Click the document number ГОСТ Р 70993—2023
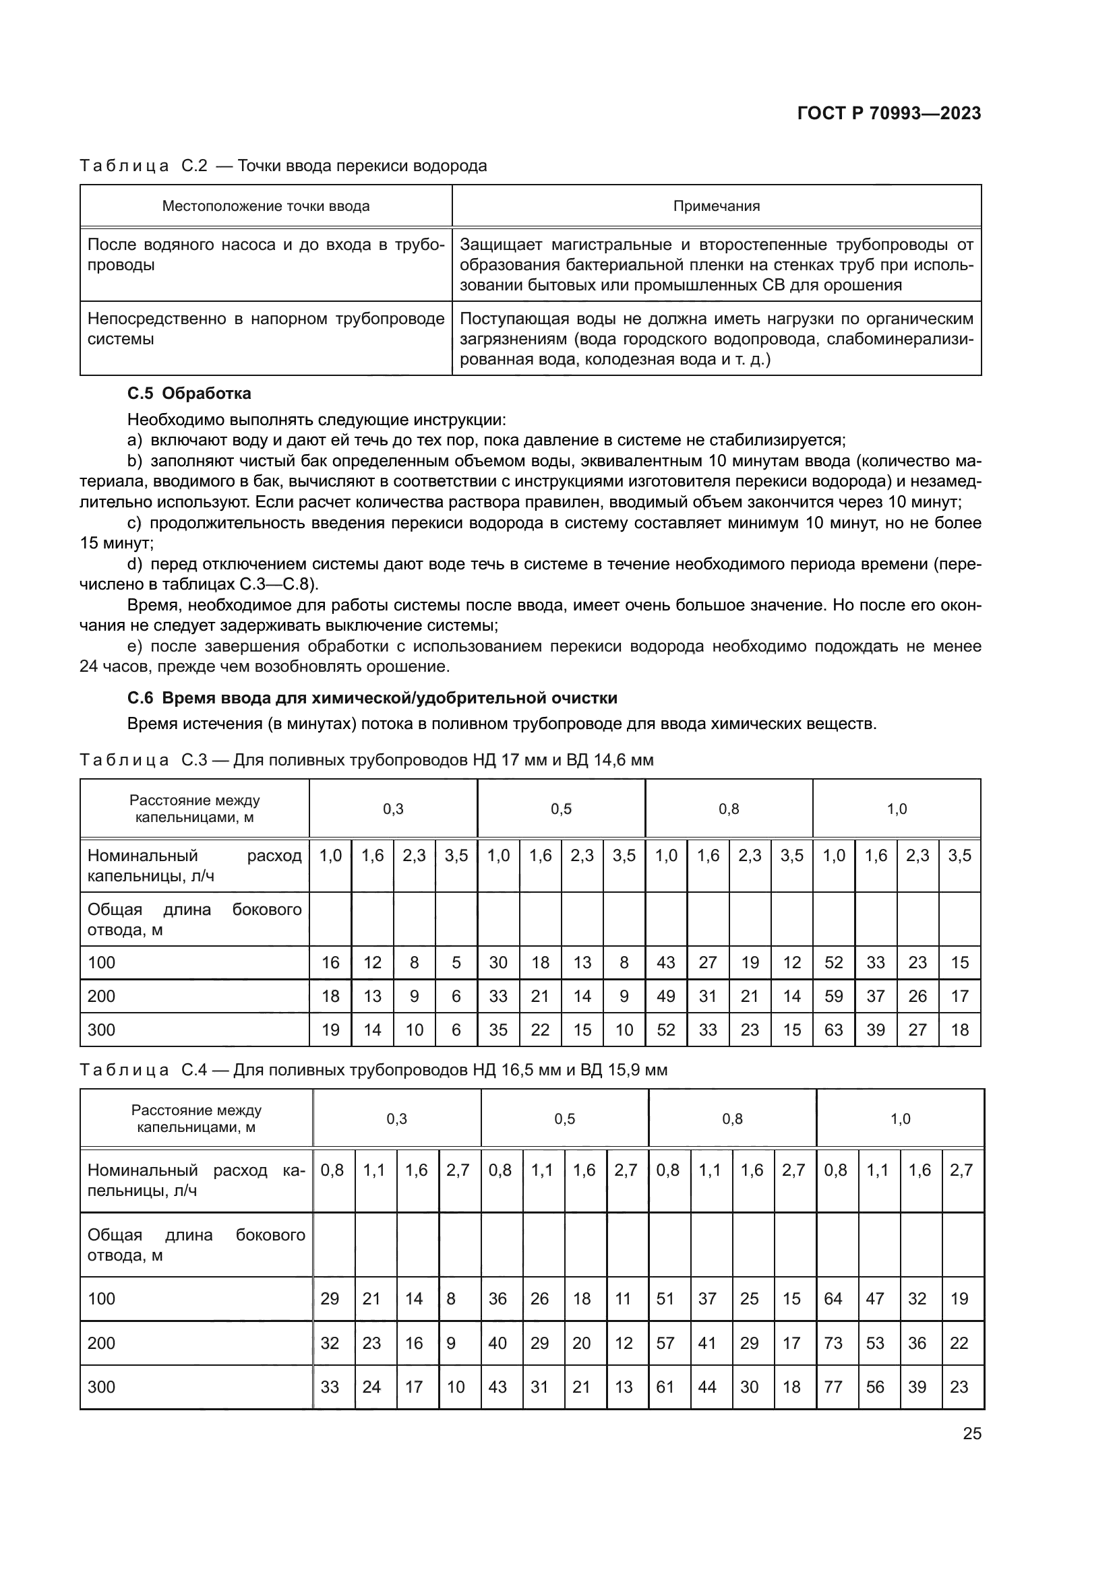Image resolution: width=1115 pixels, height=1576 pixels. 889,113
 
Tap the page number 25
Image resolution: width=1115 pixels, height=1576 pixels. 972,1433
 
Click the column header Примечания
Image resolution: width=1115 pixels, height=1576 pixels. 716,206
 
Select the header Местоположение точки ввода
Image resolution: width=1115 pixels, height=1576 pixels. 266,206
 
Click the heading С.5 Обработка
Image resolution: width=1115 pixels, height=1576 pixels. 189,393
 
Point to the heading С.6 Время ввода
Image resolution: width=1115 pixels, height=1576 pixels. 372,698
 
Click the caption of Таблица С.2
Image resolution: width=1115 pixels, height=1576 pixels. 283,166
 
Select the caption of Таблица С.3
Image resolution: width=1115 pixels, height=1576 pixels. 367,760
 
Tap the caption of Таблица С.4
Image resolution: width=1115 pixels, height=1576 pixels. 373,1069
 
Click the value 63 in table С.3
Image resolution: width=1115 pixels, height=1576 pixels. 833,1030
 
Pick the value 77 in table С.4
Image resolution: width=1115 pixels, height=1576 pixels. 833,1387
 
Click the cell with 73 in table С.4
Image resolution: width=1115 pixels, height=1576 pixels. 833,1343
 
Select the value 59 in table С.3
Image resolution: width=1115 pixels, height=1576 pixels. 833,996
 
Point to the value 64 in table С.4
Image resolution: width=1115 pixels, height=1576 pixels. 833,1298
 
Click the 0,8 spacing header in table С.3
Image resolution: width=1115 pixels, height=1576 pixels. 729,809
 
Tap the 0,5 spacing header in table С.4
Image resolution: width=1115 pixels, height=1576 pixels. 564,1119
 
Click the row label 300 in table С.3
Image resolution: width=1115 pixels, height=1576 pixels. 102,1030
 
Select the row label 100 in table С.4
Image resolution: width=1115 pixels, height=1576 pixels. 102,1298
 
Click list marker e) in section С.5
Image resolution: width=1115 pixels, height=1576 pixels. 135,646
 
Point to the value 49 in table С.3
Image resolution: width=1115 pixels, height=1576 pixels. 666,996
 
